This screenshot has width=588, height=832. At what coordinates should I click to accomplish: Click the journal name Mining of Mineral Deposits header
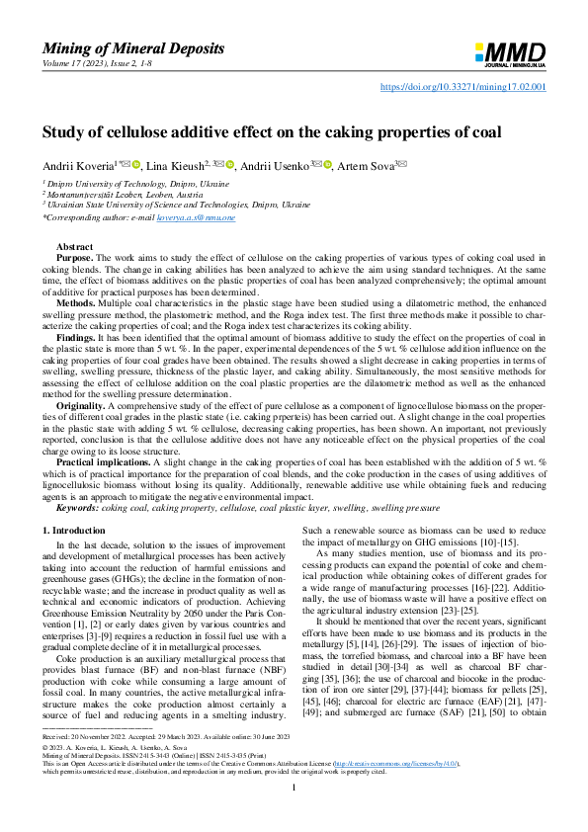coord(133,48)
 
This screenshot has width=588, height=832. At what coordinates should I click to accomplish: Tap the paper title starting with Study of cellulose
coord(272,130)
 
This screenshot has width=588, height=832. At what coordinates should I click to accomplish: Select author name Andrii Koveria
coord(77,164)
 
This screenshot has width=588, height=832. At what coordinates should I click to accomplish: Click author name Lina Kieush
coord(174,164)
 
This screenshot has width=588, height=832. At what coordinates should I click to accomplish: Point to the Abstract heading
coord(75,245)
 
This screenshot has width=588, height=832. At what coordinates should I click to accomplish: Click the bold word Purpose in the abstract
coord(74,256)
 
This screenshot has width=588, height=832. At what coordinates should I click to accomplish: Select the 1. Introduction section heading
coord(80,531)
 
